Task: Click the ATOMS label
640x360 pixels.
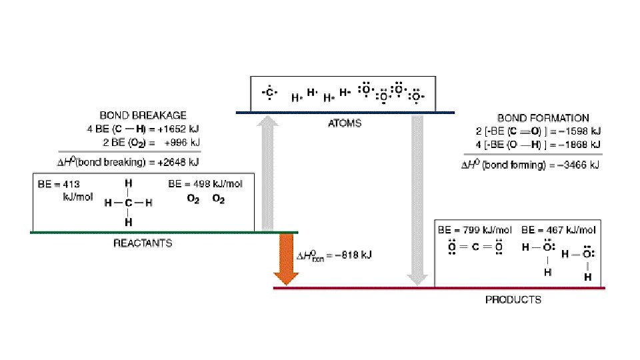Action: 345,123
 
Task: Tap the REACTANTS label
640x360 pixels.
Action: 143,243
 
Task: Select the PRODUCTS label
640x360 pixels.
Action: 513,299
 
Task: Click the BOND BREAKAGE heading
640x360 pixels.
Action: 143,115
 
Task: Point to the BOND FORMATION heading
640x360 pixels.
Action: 543,118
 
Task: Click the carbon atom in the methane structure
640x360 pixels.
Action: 128,203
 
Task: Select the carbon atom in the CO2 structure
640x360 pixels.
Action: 478,247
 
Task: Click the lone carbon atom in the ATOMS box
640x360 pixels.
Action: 269,93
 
